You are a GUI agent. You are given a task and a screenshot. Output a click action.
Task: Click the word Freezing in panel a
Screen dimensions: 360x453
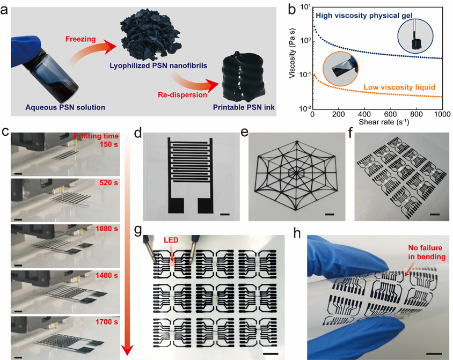pos(80,38)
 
